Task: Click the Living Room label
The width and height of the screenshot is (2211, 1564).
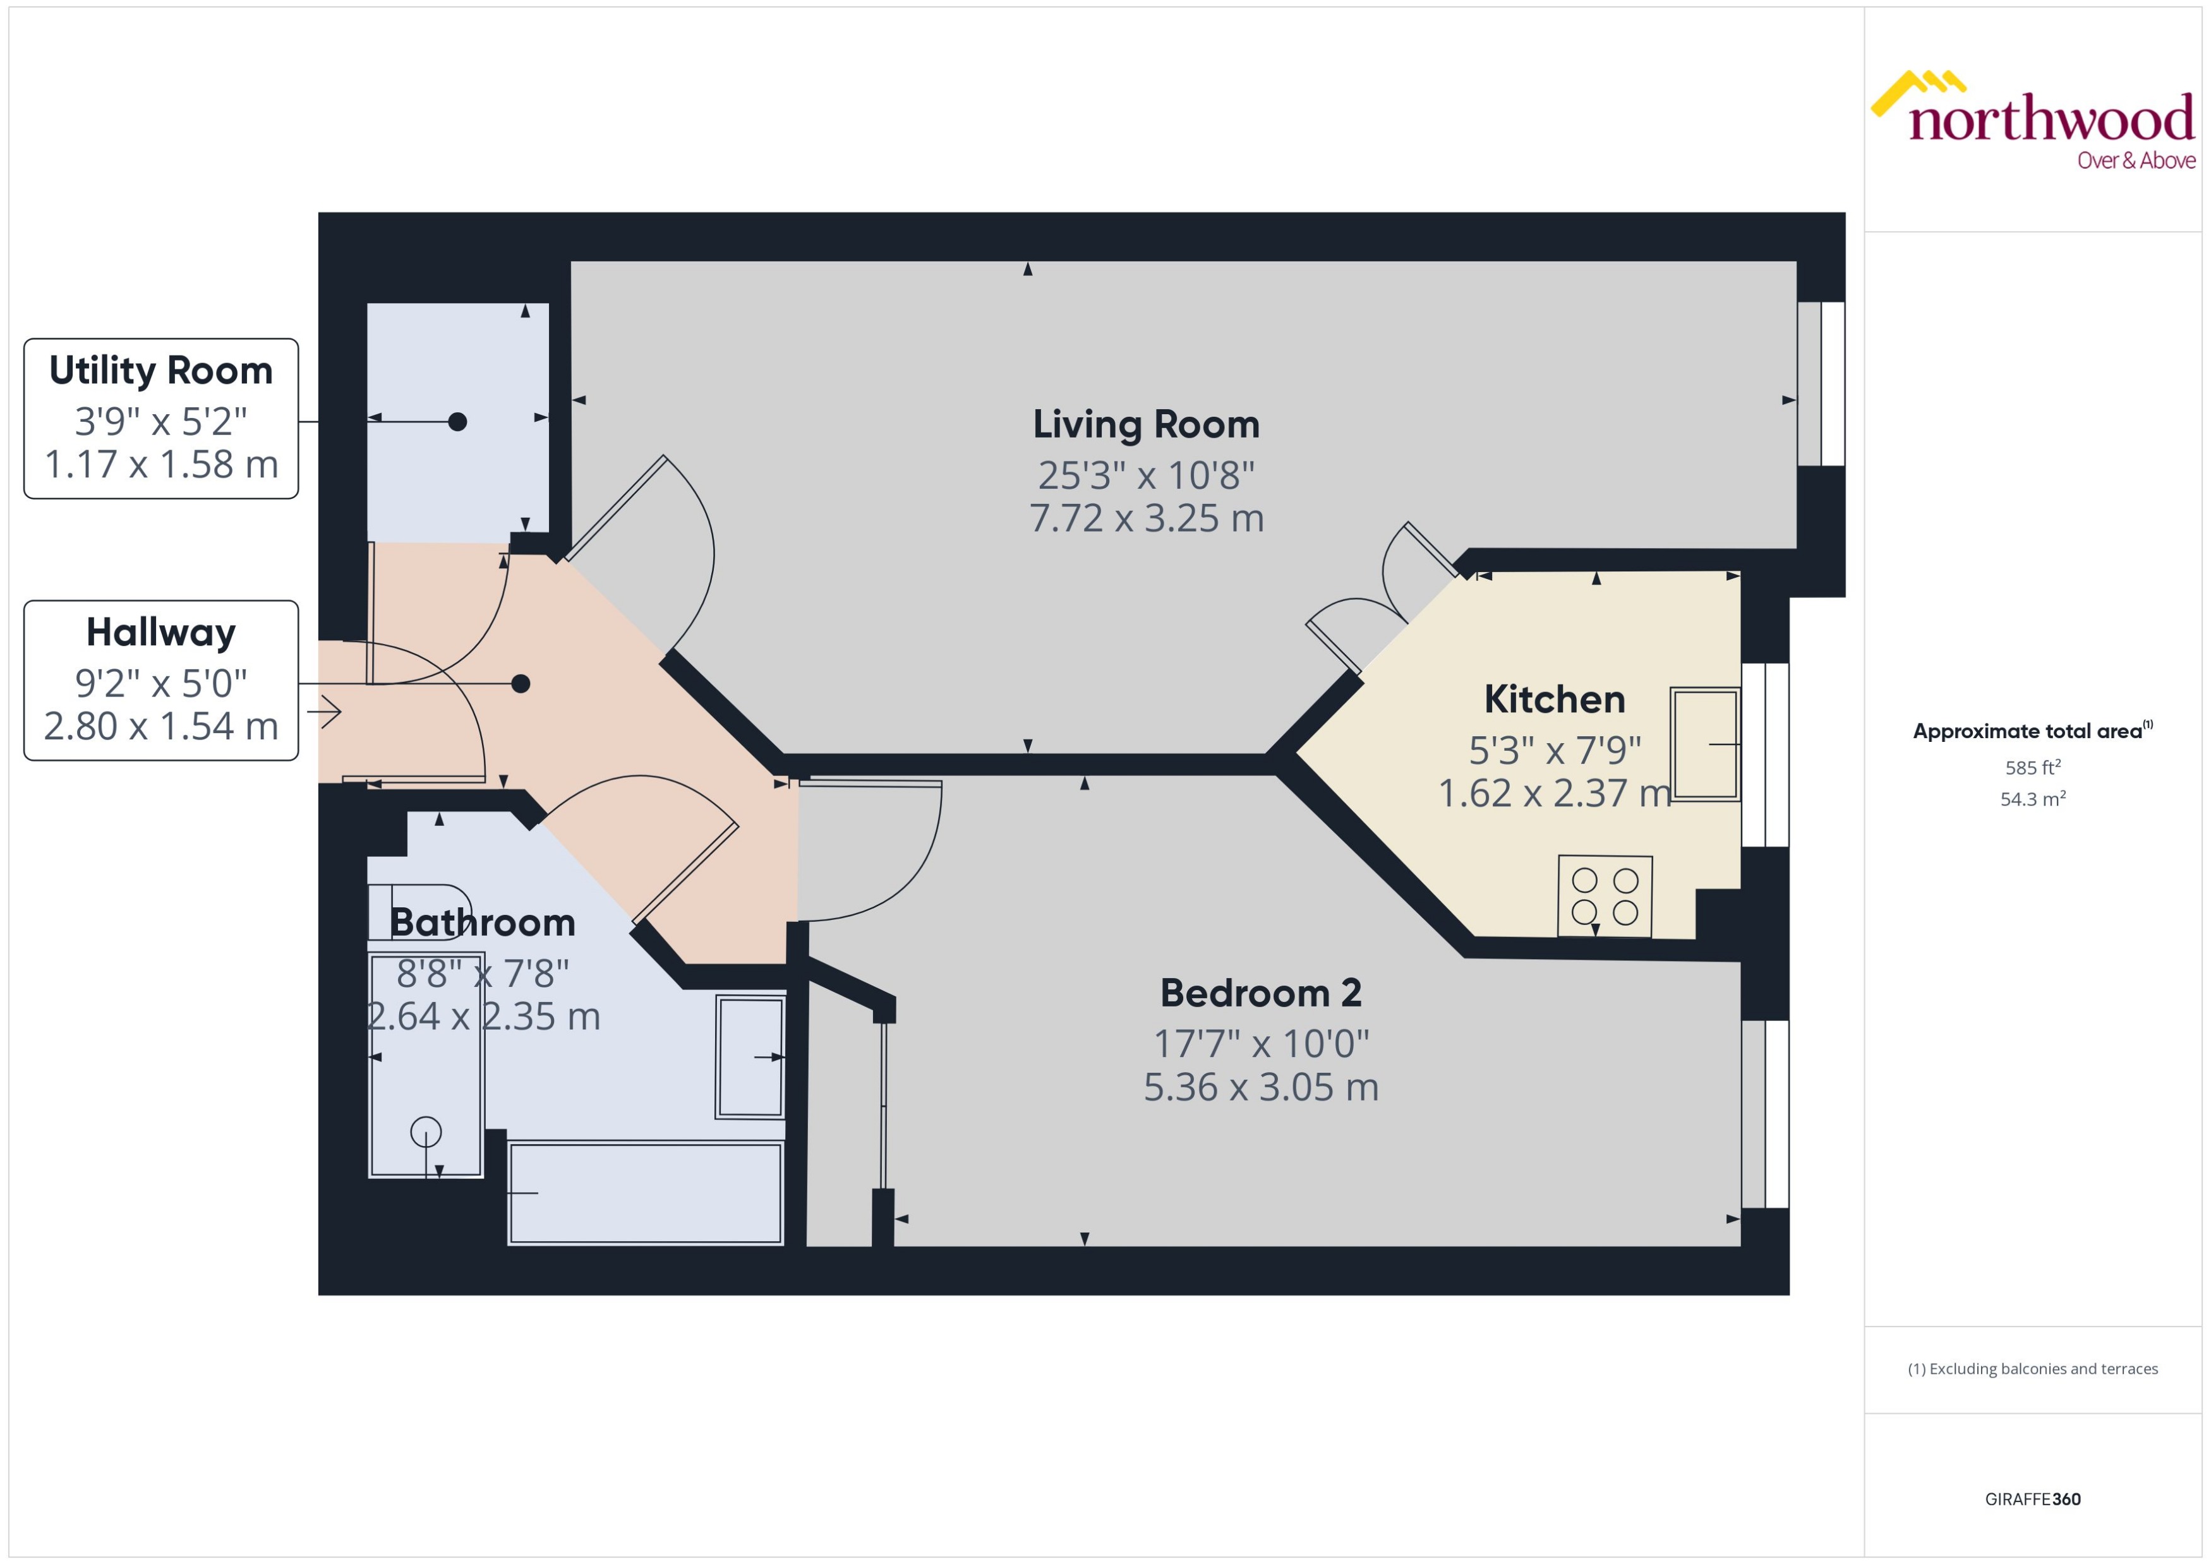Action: (1145, 425)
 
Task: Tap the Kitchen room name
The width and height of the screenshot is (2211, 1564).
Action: (1554, 699)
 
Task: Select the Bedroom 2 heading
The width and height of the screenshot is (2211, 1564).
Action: (1260, 993)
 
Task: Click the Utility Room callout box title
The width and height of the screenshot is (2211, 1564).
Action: (161, 371)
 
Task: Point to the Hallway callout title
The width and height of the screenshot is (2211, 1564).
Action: (161, 633)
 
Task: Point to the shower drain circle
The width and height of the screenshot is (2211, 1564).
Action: (426, 1131)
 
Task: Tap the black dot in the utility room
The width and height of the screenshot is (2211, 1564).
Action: (457, 422)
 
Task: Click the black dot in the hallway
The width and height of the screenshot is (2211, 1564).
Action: (521, 684)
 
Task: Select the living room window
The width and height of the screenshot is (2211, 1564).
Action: (1821, 383)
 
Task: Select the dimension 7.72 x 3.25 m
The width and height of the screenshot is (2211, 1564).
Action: (1145, 519)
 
